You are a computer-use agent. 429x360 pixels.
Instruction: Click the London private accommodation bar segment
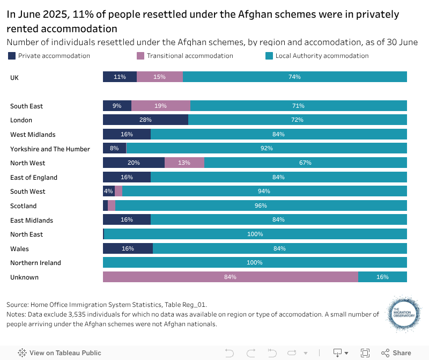point(145,120)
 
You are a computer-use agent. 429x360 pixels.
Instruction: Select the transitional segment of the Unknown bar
point(231,277)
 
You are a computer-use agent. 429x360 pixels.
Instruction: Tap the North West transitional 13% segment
point(184,163)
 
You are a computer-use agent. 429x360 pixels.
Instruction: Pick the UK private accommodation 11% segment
point(120,77)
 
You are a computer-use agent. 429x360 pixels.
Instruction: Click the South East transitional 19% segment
point(160,106)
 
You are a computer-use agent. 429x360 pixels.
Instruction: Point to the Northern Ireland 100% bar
point(255,262)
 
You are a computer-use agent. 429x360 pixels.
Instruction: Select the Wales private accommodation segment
point(128,248)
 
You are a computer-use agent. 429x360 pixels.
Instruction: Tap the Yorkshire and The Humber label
point(50,149)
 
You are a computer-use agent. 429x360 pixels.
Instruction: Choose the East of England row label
point(34,178)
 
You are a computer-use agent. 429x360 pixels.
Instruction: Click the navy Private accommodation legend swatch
point(12,56)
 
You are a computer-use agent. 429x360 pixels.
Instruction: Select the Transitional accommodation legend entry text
point(190,56)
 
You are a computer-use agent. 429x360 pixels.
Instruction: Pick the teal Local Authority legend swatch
point(269,56)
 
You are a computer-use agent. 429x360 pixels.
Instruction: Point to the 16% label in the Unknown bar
point(382,277)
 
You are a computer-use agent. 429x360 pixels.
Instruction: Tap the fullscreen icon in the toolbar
point(365,352)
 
